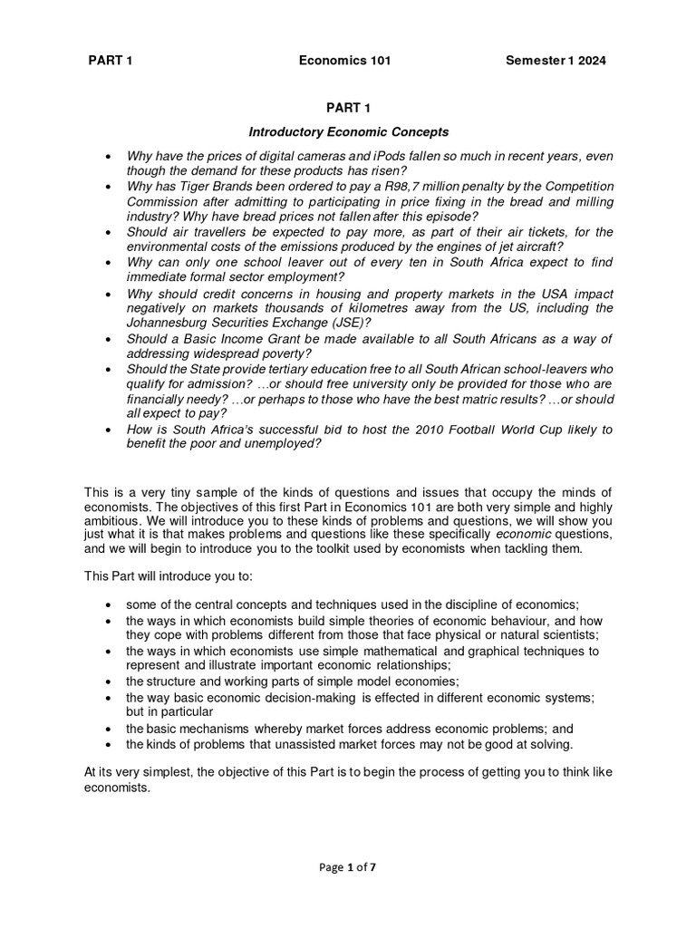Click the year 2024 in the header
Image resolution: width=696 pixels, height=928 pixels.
(591, 61)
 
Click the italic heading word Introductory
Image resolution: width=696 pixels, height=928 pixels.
(286, 132)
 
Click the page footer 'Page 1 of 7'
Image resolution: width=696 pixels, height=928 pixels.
(347, 867)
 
